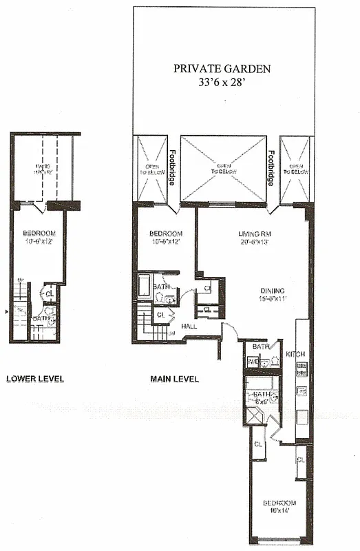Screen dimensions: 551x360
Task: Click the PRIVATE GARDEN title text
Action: point(222,68)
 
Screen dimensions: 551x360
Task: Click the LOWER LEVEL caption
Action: point(35,378)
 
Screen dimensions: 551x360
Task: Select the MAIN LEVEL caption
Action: point(175,378)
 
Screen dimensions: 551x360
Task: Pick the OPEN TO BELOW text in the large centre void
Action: point(223,168)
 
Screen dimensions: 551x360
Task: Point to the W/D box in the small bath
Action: point(251,361)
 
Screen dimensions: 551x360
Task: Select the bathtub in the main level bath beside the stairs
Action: point(144,286)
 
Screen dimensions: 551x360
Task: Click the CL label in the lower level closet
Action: point(49,293)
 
